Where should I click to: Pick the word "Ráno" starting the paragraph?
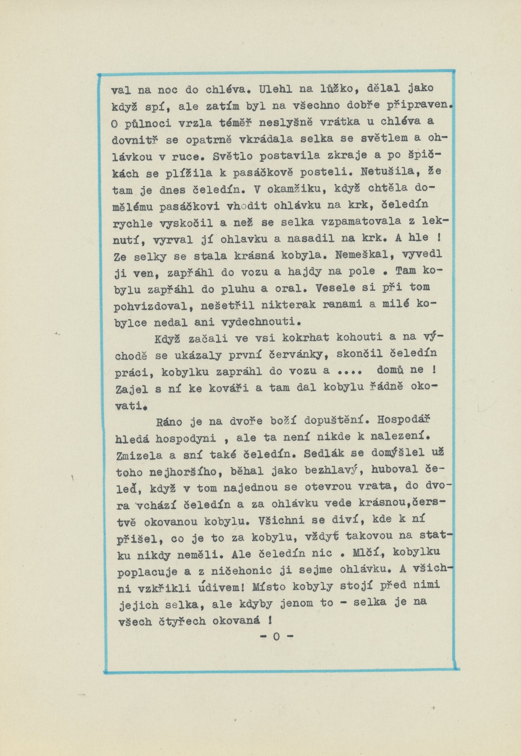172,422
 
